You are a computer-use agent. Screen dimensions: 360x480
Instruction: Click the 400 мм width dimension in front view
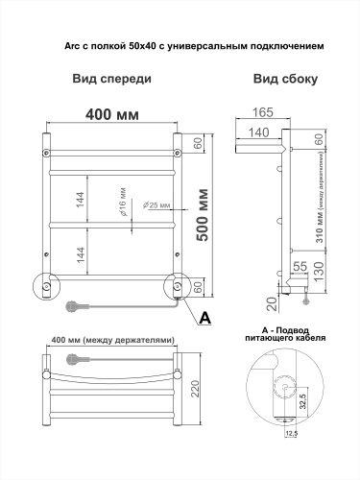click(112, 114)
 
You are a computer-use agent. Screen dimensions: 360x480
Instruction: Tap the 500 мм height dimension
click(203, 215)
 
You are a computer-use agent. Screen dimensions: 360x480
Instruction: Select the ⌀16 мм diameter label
click(122, 202)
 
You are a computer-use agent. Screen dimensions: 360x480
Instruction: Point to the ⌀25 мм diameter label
click(156, 205)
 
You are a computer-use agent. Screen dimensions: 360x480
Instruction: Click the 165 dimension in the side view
click(263, 112)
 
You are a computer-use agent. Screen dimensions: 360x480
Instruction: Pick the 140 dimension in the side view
click(258, 132)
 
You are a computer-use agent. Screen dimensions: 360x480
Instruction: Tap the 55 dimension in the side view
click(300, 266)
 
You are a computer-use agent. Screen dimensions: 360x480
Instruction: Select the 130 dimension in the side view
click(319, 272)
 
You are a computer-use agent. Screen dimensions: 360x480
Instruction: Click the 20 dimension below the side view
click(273, 303)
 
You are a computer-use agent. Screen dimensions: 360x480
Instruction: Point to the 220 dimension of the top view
click(195, 389)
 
